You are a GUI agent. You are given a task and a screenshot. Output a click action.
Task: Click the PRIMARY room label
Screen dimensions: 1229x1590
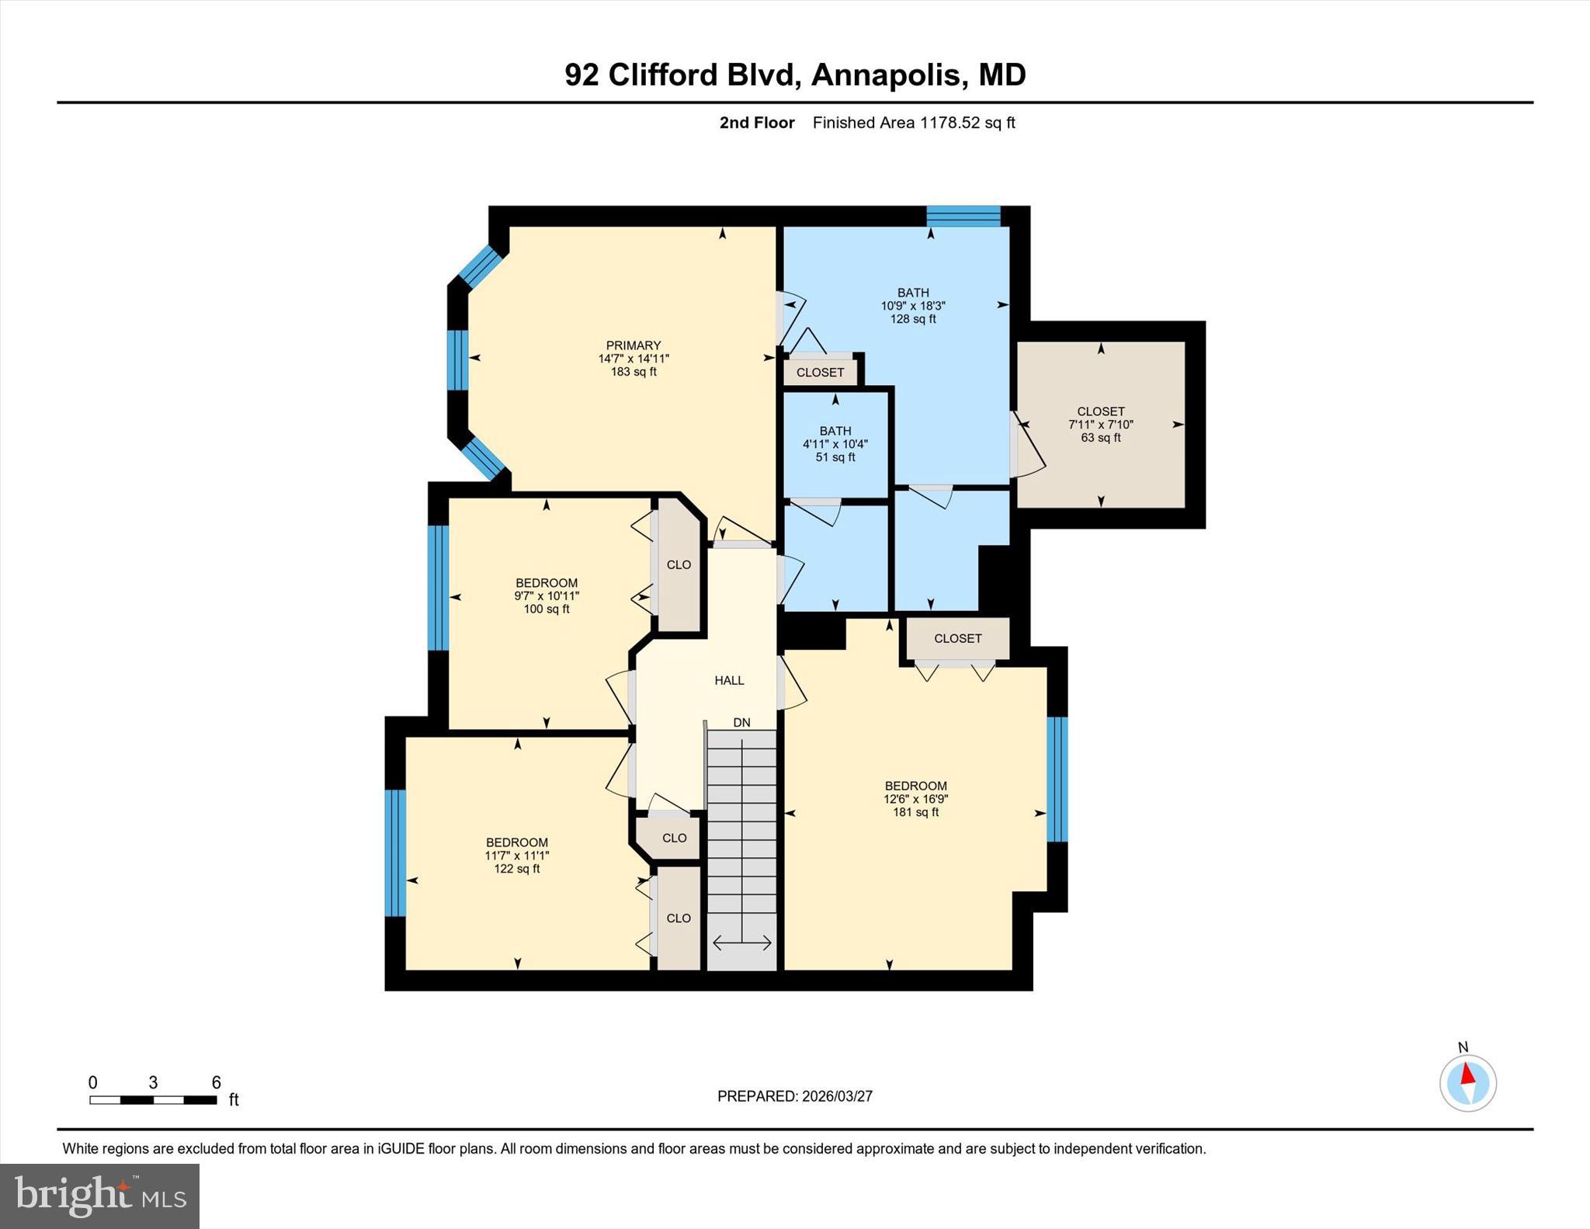(634, 345)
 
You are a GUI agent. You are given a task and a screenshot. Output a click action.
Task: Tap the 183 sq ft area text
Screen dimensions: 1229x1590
(634, 372)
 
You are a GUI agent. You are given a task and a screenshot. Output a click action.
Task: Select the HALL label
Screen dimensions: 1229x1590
(729, 680)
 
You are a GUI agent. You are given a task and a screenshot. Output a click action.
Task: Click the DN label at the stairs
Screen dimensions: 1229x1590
(741, 722)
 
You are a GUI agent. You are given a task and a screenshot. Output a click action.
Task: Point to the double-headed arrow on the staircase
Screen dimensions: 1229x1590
(741, 943)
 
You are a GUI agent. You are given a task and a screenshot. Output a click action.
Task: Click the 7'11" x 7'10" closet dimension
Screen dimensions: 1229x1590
(1100, 425)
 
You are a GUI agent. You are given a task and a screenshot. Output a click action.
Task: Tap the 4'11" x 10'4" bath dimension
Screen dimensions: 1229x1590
(835, 444)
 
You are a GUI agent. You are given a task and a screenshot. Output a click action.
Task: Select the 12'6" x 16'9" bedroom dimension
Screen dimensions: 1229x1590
(915, 799)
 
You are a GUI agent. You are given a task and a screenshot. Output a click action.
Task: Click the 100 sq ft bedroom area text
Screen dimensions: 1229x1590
(546, 609)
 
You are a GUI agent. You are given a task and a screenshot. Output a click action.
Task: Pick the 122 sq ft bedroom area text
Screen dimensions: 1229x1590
(516, 869)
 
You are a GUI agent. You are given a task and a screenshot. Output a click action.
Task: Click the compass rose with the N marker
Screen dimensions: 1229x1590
(1467, 1082)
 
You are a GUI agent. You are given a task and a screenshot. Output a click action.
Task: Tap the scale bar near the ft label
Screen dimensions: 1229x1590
(153, 1099)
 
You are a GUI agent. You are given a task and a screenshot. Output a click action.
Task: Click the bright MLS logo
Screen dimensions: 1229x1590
(99, 1196)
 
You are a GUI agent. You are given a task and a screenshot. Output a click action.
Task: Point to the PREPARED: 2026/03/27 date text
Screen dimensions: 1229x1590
(794, 1096)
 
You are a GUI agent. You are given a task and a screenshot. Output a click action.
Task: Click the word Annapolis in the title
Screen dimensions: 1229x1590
(885, 75)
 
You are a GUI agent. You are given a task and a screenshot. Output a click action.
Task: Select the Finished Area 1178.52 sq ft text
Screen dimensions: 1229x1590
(913, 123)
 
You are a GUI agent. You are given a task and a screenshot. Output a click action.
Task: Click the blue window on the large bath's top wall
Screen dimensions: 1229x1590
(963, 216)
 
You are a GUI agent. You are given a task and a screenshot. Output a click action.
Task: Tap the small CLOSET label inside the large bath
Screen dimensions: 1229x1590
(820, 373)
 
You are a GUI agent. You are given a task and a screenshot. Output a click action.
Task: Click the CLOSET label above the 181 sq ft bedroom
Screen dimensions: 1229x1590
(957, 638)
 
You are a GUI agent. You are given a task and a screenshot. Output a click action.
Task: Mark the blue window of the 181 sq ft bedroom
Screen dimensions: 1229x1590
(1057, 779)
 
